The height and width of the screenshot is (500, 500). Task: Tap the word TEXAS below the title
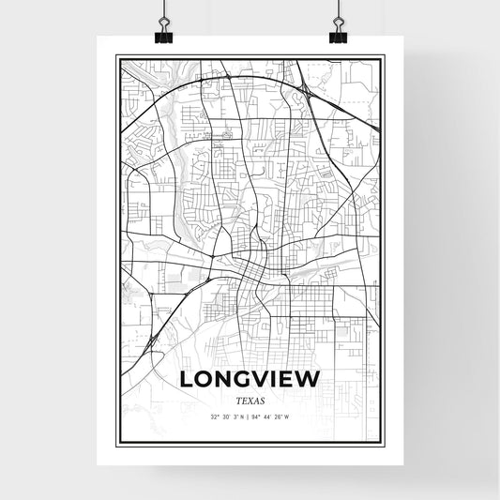250,400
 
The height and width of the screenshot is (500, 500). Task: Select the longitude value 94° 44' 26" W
277,417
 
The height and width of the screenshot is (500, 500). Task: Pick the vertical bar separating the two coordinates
250,417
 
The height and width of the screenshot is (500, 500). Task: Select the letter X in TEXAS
250,400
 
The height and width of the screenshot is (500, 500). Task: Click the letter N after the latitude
243,417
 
